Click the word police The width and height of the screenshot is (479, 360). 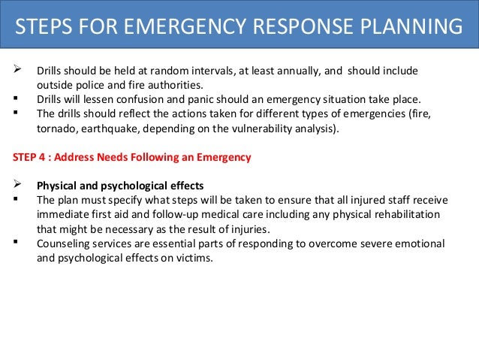95,85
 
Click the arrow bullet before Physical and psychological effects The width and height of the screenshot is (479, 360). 17,186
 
